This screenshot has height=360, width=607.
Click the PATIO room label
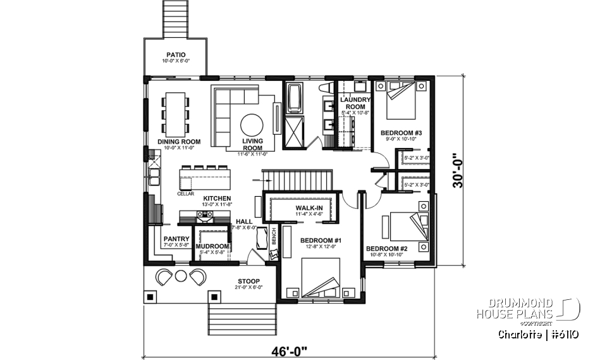tap(176, 54)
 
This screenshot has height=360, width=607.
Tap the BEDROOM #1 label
tap(321, 240)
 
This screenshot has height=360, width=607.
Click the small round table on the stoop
tap(181, 276)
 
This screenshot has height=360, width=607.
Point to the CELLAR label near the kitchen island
tap(186, 194)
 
